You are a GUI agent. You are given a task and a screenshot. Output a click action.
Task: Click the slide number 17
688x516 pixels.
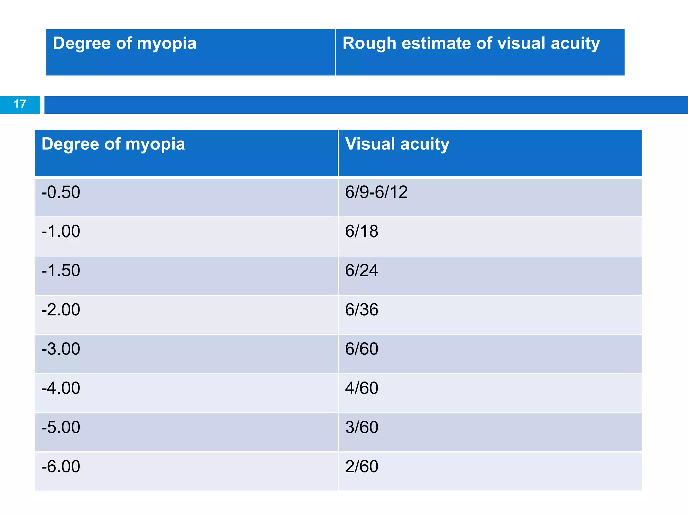tap(20, 104)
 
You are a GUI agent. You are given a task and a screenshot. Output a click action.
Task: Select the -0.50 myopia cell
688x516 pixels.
tap(61, 192)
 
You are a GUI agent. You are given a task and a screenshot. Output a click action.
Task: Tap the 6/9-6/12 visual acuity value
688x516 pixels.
tap(376, 192)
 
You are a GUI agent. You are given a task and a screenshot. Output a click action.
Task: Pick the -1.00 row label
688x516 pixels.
tap(61, 231)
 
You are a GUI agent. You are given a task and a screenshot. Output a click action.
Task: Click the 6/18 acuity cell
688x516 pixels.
tap(361, 231)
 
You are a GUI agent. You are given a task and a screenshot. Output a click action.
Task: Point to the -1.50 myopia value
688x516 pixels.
tap(61, 271)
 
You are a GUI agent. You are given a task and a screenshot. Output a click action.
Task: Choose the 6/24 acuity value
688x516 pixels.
tap(361, 271)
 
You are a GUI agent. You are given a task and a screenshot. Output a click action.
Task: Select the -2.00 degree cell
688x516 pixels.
tap(61, 310)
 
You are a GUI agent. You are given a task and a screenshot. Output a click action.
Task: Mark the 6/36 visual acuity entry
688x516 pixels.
tap(361, 310)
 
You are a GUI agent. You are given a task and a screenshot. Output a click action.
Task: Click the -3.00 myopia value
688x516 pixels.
tap(61, 349)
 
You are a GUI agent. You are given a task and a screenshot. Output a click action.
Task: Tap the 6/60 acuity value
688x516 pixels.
tap(361, 349)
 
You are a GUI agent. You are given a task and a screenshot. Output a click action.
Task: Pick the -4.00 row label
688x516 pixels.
tap(61, 388)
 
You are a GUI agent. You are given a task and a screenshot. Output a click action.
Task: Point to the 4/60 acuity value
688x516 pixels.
tap(361, 388)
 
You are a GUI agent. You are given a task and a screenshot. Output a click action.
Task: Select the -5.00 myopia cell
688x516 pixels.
tap(61, 427)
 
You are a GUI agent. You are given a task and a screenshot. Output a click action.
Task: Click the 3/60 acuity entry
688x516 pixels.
tap(361, 427)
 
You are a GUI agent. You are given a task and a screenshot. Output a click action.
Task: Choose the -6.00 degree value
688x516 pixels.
tap(61, 467)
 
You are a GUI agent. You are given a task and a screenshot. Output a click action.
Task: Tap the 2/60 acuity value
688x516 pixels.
tap(361, 467)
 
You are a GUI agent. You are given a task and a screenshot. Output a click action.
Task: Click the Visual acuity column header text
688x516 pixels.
tap(397, 144)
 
